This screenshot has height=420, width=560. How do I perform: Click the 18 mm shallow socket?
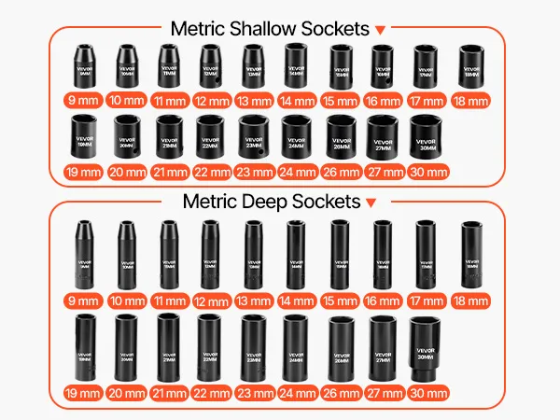tap(471, 67)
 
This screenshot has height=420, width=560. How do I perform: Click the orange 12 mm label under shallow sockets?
tap(211, 101)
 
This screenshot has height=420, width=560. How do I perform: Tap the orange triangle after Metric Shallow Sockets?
tap(379, 32)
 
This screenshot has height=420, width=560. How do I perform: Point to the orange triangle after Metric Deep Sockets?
tap(371, 203)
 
